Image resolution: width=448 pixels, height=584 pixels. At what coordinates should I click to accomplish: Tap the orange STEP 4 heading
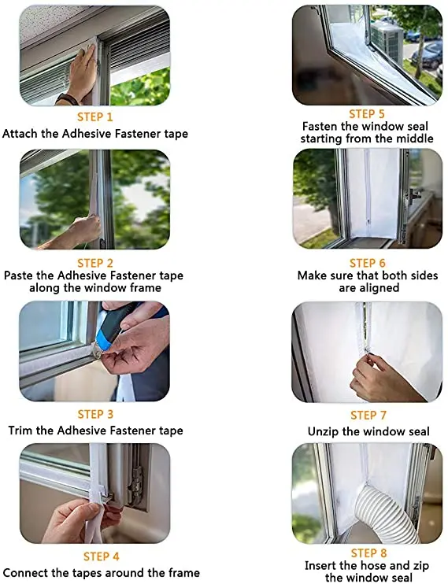[x=94, y=557]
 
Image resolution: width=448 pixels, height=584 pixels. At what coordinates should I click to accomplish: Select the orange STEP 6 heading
[x=363, y=262]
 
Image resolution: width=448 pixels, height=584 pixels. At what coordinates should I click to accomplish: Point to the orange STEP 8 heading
[x=363, y=553]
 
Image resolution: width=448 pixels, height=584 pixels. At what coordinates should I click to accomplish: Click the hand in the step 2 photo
[x=75, y=232]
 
